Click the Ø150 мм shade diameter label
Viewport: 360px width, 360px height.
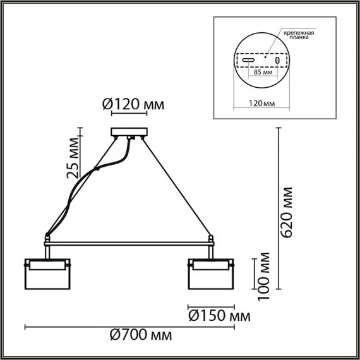coord(217,315)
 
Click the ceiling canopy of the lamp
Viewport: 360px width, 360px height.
coord(129,133)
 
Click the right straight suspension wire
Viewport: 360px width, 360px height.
coord(177,189)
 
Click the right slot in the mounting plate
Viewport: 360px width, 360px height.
coord(277,59)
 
